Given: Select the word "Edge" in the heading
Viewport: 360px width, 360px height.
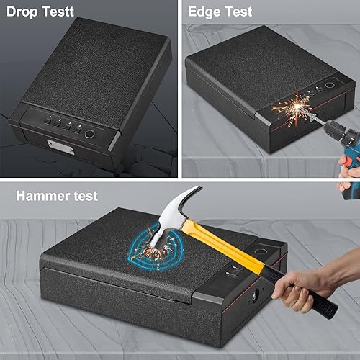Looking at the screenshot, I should pos(204,12).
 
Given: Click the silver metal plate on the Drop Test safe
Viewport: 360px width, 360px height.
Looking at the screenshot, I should pos(58,145).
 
